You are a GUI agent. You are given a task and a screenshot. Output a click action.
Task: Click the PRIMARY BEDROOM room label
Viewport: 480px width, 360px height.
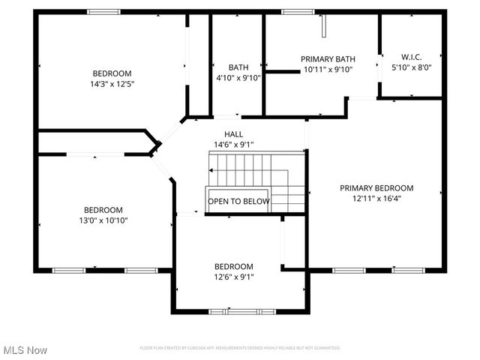click(x=376, y=188)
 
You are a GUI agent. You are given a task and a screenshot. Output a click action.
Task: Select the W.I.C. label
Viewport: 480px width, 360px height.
click(x=412, y=57)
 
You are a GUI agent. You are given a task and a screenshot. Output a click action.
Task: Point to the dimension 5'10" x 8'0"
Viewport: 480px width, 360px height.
click(x=412, y=67)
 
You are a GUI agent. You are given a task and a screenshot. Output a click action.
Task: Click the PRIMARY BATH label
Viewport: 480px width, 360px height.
click(x=328, y=59)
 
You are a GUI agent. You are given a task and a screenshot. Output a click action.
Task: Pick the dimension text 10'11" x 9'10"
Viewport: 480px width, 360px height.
click(x=328, y=69)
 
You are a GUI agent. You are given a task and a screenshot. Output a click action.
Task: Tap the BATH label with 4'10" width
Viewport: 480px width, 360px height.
click(x=238, y=67)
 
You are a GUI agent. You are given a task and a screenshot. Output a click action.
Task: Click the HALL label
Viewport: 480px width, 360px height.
click(x=233, y=134)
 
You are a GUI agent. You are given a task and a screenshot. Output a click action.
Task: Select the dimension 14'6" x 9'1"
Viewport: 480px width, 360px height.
click(x=233, y=144)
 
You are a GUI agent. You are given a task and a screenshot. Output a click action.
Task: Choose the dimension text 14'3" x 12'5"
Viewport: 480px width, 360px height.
click(x=112, y=83)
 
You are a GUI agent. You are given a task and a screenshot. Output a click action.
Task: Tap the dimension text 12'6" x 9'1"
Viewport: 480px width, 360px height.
click(x=234, y=276)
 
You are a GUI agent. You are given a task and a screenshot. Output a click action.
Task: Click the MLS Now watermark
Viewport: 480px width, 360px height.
click(x=25, y=350)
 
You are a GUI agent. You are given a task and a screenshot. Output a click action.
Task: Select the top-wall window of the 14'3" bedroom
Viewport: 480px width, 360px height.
click(x=103, y=11)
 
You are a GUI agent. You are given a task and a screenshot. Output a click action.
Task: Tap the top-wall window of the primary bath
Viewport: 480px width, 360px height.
click(x=298, y=11)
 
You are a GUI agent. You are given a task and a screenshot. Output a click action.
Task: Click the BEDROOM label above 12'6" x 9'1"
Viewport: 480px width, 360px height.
click(x=234, y=266)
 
